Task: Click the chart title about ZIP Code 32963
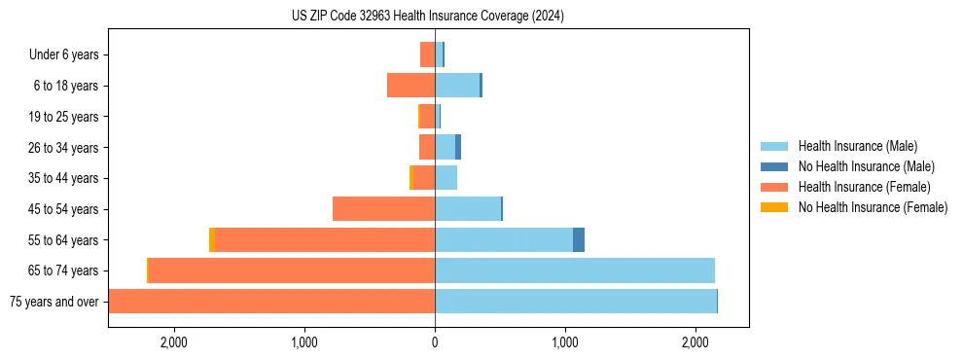click(x=428, y=17)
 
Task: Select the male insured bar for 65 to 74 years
click(x=574, y=270)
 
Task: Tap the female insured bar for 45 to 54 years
click(x=383, y=209)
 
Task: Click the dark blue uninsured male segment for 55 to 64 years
click(x=579, y=239)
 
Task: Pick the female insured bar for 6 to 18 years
click(x=410, y=86)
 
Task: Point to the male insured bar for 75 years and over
click(x=575, y=302)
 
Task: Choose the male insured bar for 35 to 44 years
click(x=446, y=178)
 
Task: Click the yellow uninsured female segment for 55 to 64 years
click(x=211, y=239)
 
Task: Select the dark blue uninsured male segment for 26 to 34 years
click(x=458, y=147)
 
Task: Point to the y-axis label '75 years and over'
click(x=54, y=302)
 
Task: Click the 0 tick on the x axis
click(x=435, y=342)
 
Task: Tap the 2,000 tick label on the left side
click(x=173, y=342)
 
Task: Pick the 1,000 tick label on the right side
click(x=565, y=342)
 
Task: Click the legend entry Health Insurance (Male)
click(x=857, y=146)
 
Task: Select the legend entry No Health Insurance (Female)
click(x=873, y=207)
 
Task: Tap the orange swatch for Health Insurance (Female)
click(x=774, y=187)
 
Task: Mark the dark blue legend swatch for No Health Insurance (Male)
click(x=774, y=166)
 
